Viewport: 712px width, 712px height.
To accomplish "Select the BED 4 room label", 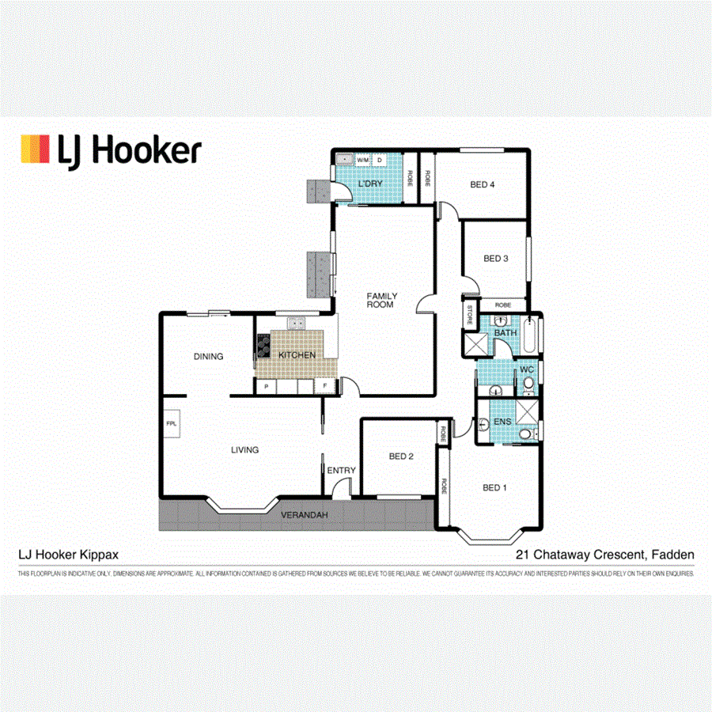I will (483, 185).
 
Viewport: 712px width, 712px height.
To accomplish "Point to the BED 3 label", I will (495, 258).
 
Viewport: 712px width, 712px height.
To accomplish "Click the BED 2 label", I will (401, 456).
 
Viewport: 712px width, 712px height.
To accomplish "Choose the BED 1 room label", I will (495, 487).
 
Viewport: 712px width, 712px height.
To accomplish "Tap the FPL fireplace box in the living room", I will (172, 424).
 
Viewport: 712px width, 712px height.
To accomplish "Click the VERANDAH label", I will (305, 516).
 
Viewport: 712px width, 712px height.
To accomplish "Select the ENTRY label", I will (342, 471).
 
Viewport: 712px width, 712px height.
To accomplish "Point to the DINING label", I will (208, 357).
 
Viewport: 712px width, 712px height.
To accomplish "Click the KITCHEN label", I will (297, 355).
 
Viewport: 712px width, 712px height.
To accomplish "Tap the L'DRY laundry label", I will (370, 184).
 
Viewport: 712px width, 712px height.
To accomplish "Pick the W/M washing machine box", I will (362, 161).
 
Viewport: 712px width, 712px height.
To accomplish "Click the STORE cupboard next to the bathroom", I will (470, 316).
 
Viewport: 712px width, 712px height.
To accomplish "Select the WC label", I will (526, 369).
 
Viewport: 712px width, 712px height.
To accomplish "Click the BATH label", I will (506, 333).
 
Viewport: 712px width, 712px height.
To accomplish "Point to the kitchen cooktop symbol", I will (263, 344).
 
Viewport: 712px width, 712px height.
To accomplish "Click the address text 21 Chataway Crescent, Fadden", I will (605, 555).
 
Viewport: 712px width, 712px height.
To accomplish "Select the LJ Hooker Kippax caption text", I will (69, 555).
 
